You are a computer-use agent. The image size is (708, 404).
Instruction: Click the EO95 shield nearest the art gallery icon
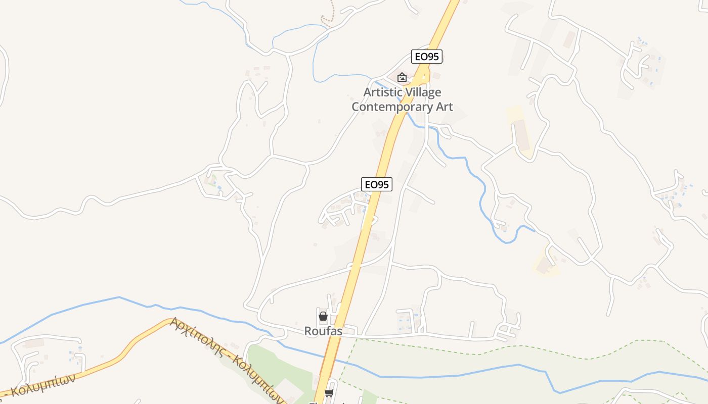[427, 57]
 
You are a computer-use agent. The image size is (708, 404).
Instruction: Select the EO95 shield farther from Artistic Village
[377, 184]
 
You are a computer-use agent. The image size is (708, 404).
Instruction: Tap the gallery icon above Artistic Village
[402, 77]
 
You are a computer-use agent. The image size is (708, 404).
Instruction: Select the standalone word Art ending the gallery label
[441, 107]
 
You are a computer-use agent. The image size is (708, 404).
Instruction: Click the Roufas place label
[323, 331]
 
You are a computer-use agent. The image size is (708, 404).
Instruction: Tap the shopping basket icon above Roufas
[323, 317]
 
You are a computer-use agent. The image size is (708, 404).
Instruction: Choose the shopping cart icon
[329, 393]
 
